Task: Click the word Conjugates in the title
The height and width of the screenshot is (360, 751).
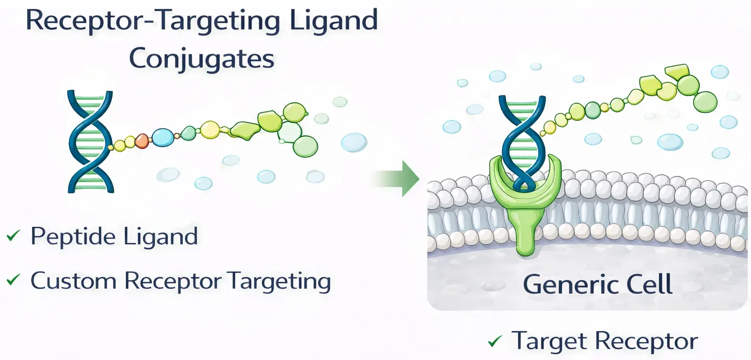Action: [201, 59]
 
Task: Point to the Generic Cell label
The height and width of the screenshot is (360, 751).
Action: [597, 285]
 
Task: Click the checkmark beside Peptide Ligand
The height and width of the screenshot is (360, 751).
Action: [13, 237]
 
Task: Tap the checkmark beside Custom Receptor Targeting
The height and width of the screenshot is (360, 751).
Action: [13, 281]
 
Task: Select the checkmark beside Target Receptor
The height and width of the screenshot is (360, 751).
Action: [494, 342]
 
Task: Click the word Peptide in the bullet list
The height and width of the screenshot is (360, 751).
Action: [73, 237]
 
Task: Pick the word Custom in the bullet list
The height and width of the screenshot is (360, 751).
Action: [73, 281]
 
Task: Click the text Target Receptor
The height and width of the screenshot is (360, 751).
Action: [604, 341]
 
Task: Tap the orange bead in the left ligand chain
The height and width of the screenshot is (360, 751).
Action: [142, 140]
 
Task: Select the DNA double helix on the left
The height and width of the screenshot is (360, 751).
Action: [90, 141]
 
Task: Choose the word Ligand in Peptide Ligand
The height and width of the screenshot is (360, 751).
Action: [161, 237]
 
